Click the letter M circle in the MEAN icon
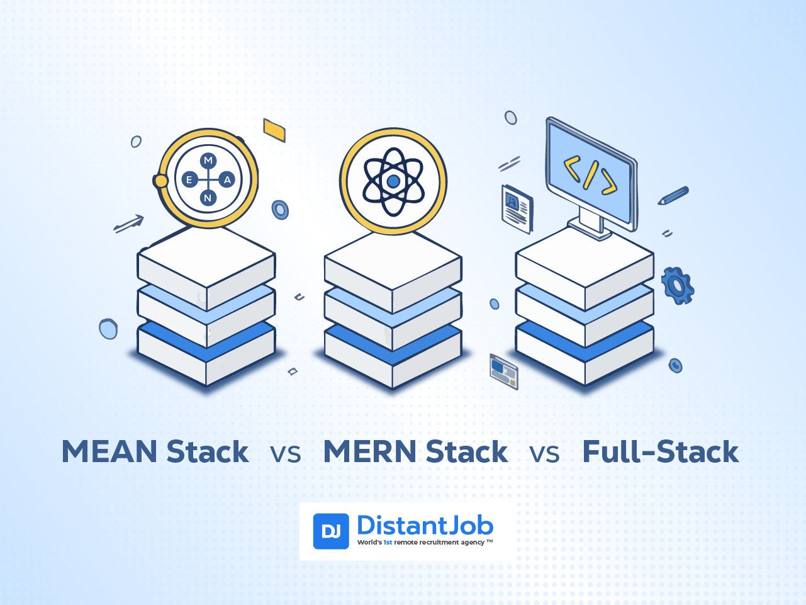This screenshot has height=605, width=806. click(208, 161)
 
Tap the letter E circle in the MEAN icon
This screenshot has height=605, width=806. click(190, 179)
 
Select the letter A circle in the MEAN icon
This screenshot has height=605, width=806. click(227, 179)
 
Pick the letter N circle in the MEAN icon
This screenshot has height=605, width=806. click(208, 198)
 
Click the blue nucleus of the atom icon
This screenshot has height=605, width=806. click(393, 181)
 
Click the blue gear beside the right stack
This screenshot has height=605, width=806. click(678, 285)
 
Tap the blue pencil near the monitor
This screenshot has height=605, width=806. click(673, 195)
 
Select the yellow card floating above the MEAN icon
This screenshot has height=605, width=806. click(274, 130)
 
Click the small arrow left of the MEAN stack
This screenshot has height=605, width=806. click(128, 223)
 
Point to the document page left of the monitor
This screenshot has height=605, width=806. click(517, 209)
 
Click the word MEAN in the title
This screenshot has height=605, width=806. click(109, 451)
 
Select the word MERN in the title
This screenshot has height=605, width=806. click(370, 451)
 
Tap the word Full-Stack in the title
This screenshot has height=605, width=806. click(661, 451)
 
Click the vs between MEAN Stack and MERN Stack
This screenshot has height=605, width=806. click(286, 454)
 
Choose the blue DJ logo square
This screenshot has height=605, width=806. click(331, 531)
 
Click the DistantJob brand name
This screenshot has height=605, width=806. click(425, 525)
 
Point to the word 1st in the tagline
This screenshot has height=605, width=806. click(388, 543)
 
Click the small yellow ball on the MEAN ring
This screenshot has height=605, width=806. click(160, 181)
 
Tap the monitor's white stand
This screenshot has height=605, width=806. click(590, 223)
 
